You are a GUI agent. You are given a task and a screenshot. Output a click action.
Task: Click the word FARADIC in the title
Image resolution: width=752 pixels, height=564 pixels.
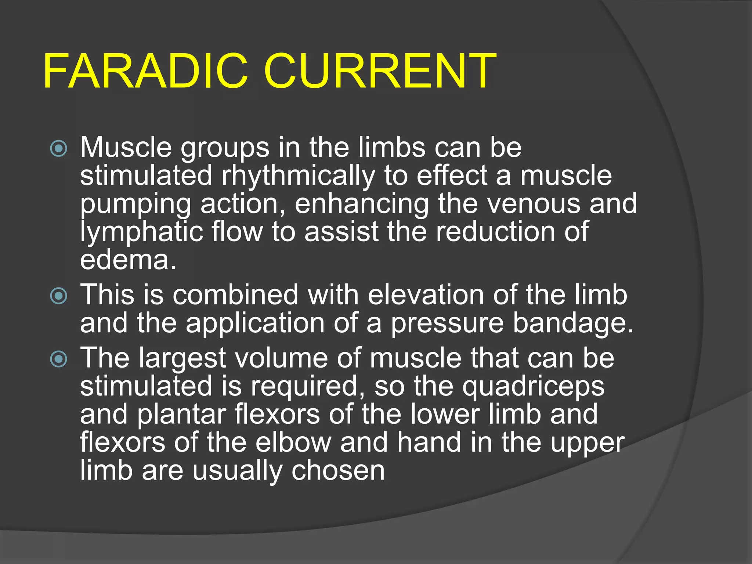[145, 72]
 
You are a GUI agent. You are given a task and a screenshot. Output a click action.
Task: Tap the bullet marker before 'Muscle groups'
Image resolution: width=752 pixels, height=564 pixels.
[59, 149]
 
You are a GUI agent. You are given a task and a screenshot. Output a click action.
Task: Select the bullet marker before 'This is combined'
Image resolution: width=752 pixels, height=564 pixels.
[59, 296]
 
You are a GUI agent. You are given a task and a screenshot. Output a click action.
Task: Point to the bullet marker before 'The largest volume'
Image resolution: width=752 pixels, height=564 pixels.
[59, 359]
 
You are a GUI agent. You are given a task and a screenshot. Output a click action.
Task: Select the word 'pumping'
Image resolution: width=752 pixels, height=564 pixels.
[136, 205]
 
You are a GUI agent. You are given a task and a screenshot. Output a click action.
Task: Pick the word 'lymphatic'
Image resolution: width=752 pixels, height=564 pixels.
[141, 232]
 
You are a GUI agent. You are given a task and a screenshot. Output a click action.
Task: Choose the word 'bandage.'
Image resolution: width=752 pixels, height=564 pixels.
[573, 324]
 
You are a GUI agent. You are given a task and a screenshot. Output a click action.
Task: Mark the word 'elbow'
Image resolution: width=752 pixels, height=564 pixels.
[293, 442]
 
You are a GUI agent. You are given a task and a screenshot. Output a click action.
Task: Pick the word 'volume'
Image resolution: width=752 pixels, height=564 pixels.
[281, 358]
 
